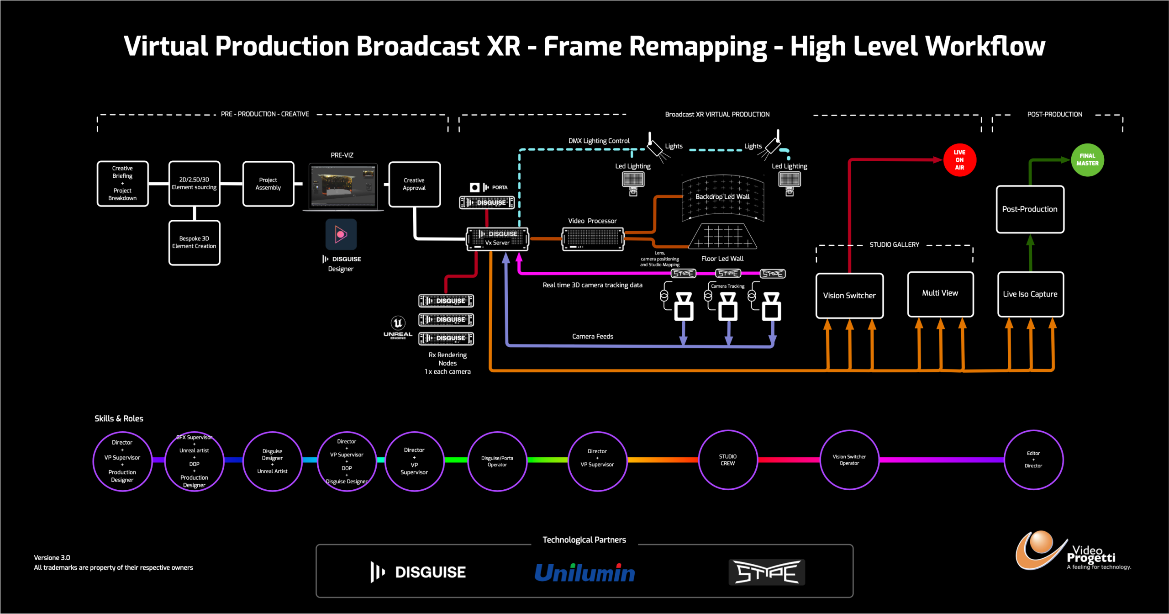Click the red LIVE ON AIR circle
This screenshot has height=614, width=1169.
pos(959,160)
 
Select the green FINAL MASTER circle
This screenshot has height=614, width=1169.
pos(1087,160)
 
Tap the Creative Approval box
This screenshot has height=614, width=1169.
pos(414,184)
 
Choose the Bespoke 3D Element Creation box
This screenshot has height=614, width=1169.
pos(194,242)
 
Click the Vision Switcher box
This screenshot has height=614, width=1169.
pos(849,296)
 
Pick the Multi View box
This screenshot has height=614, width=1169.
pos(940,294)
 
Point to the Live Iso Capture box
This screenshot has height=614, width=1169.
pos(1030,294)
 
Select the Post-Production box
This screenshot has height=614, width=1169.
pos(1030,209)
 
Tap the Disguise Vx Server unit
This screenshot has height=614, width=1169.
pos(497,238)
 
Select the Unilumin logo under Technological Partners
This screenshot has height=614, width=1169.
pos(584,572)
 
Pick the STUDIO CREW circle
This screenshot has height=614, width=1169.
pos(727,460)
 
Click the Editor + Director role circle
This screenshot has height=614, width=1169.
pos(1033,460)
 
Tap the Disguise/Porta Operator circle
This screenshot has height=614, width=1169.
pos(497,461)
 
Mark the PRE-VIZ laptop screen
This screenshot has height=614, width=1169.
pos(343,186)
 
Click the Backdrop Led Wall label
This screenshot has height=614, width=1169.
pos(722,197)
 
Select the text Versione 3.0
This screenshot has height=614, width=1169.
pos(52,557)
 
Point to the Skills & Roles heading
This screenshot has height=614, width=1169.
pos(119,418)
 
